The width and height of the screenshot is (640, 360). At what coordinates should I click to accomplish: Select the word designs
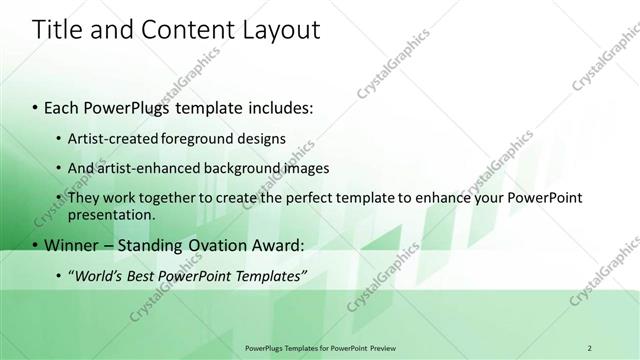pos(258,138)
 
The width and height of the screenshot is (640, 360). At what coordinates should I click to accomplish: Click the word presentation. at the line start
pos(112,214)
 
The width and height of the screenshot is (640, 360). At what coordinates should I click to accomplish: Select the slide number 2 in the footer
pos(589,348)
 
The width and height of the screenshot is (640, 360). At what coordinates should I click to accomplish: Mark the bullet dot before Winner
pos(36,246)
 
